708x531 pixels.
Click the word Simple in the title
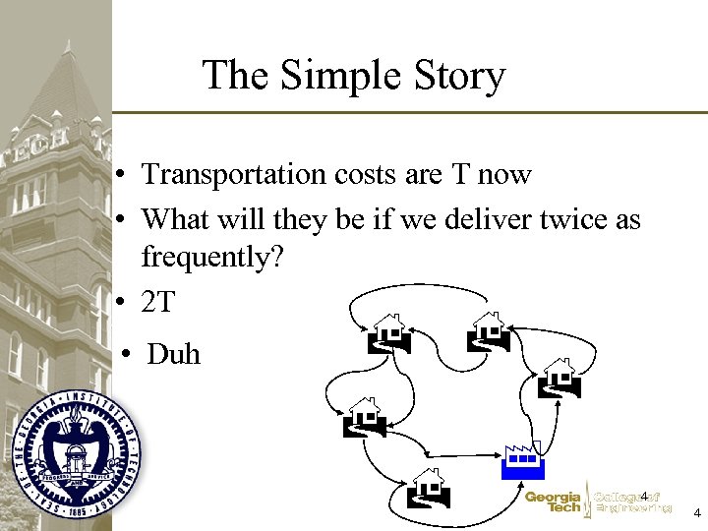[337, 77]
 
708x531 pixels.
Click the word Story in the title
[460, 77]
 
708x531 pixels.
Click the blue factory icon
[522, 461]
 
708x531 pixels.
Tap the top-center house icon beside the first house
[489, 331]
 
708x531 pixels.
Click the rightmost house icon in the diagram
[560, 377]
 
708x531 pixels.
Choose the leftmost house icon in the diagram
[362, 416]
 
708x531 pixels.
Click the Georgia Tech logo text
[553, 502]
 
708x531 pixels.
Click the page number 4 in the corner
[696, 513]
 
